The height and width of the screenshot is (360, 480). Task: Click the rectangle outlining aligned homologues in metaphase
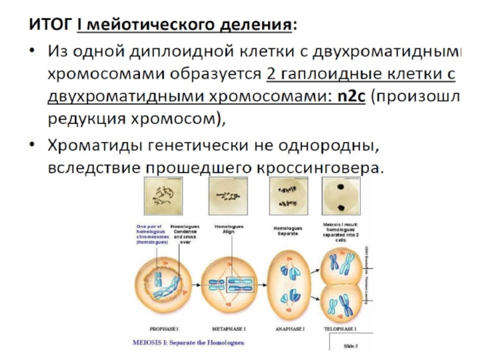click(228, 285)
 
